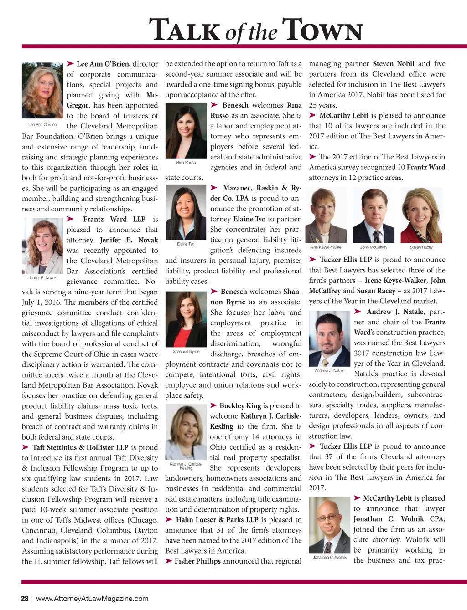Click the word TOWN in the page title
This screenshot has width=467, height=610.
(322, 30)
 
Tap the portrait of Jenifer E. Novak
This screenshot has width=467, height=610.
(42, 246)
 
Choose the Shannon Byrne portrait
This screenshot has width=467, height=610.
(186, 319)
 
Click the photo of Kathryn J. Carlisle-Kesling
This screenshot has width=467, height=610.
(186, 432)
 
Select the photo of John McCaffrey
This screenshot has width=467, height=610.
(374, 216)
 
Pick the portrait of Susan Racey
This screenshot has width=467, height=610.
(421, 216)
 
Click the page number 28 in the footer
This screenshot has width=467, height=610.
(25, 598)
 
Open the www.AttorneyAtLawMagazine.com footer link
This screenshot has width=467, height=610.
(92, 598)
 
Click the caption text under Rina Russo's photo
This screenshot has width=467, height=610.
(186, 162)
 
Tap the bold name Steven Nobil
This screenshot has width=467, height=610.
(393, 64)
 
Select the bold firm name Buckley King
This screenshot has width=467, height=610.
(240, 405)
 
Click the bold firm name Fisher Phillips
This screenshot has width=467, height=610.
(197, 561)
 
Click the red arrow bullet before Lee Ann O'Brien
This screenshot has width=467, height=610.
(71, 64)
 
